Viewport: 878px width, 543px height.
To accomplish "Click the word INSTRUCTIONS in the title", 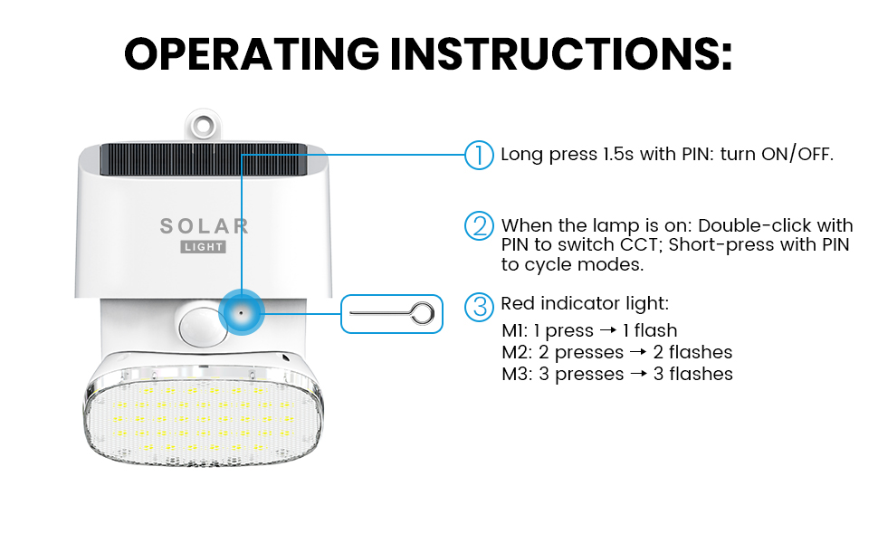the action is pyautogui.click(x=561, y=53).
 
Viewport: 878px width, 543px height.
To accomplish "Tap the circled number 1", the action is pyautogui.click(x=479, y=155).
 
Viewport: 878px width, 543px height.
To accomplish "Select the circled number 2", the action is pyautogui.click(x=479, y=226).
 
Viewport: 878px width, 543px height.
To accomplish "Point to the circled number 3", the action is pyautogui.click(x=479, y=307).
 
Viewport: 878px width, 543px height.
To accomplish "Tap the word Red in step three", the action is pyautogui.click(x=517, y=303).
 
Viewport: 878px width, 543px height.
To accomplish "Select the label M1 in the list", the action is pyautogui.click(x=514, y=330).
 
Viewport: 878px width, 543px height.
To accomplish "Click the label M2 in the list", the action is pyautogui.click(x=515, y=352).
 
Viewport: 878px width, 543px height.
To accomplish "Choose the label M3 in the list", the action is pyautogui.click(x=515, y=374).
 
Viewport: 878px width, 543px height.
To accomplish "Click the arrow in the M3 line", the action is pyautogui.click(x=638, y=374).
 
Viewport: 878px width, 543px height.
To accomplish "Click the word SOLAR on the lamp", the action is pyautogui.click(x=205, y=226).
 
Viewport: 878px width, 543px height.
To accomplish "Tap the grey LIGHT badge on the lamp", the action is pyautogui.click(x=204, y=247).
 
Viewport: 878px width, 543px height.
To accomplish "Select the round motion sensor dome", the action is pyautogui.click(x=202, y=327).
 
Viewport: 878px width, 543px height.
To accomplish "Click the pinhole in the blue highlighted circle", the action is pyautogui.click(x=242, y=313).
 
